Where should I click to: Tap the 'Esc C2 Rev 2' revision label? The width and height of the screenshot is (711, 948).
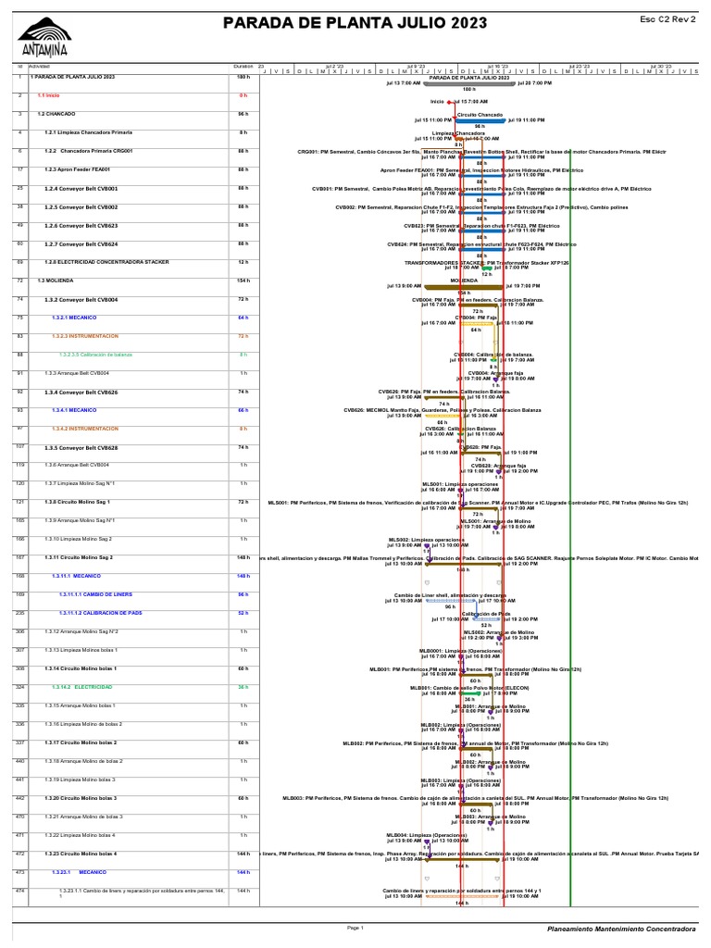(x=667, y=19)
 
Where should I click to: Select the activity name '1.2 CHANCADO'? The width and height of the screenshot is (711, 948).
(x=56, y=114)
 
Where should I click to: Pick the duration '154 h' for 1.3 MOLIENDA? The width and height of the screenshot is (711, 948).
(x=243, y=281)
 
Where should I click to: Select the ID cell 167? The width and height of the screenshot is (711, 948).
(x=19, y=557)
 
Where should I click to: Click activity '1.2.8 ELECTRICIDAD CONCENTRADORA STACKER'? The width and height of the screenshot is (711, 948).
(x=106, y=262)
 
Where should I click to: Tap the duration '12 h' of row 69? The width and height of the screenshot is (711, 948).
(x=243, y=262)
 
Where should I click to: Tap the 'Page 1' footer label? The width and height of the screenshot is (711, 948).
(x=355, y=927)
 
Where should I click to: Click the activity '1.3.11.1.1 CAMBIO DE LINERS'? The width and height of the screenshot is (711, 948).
(x=92, y=594)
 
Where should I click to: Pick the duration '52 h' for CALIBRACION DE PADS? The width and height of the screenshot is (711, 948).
(x=243, y=613)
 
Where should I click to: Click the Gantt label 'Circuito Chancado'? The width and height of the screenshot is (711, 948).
(x=480, y=114)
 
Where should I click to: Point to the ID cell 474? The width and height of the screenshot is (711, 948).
(x=19, y=891)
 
